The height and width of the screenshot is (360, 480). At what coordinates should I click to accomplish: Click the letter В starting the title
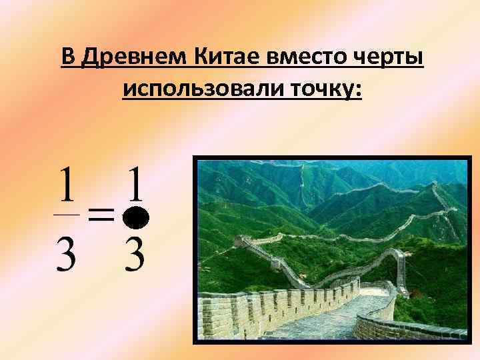[x=67, y=57]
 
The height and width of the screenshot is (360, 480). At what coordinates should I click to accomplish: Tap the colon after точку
[x=359, y=88]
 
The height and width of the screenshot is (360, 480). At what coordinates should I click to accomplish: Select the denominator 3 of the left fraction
[x=66, y=253]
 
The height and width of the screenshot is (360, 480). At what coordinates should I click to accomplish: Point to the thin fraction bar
[x=66, y=215]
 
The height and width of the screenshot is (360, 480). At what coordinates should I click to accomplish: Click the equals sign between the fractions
[x=100, y=215]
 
